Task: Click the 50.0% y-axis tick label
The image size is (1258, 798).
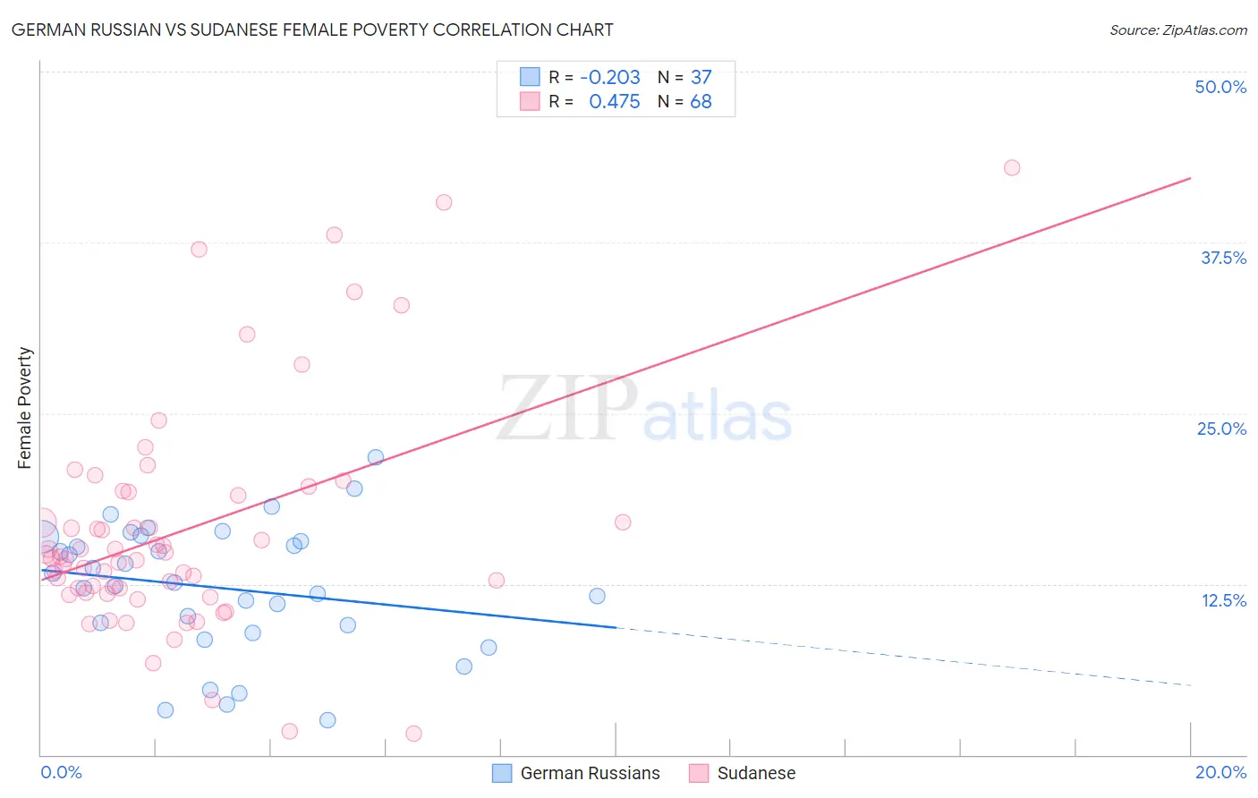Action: click(x=1220, y=87)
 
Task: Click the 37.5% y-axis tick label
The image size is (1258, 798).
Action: click(x=1222, y=258)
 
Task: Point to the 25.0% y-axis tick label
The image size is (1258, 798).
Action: click(x=1220, y=429)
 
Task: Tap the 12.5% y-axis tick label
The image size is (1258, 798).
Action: click(x=1222, y=600)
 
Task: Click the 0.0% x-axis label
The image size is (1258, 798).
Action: click(x=61, y=772)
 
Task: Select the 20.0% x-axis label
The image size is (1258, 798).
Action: click(x=1220, y=772)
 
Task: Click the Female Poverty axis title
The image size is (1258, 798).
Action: click(x=24, y=408)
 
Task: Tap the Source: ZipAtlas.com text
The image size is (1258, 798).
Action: click(x=1177, y=30)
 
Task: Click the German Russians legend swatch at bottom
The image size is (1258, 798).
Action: click(x=502, y=773)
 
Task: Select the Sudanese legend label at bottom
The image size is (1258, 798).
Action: click(x=756, y=773)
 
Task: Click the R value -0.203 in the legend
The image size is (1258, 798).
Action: click(x=610, y=78)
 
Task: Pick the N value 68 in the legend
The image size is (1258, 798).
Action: click(x=701, y=102)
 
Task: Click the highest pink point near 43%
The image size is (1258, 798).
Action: click(x=1012, y=167)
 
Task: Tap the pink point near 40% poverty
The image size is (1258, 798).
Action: click(x=444, y=202)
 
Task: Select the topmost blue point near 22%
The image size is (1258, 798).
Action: click(x=376, y=457)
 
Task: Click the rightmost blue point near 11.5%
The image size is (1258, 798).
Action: click(x=597, y=596)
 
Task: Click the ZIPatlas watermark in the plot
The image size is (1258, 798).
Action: click(x=644, y=410)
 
